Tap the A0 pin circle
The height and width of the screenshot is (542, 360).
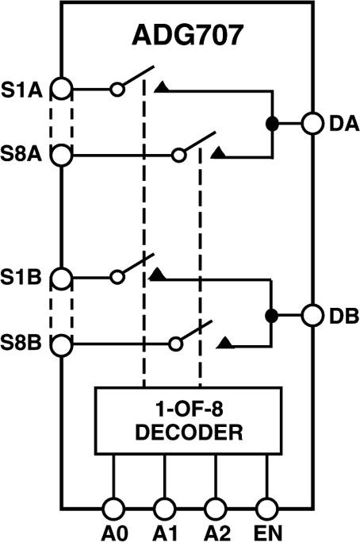(113, 505)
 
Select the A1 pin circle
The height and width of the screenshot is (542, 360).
(164, 505)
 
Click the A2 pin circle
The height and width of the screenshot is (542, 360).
(215, 505)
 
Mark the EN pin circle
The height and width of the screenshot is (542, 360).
(266, 505)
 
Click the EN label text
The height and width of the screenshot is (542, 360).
(266, 529)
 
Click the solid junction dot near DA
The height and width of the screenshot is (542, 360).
(272, 124)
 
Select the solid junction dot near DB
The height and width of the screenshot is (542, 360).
(272, 314)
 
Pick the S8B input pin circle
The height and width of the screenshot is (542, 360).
(62, 344)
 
